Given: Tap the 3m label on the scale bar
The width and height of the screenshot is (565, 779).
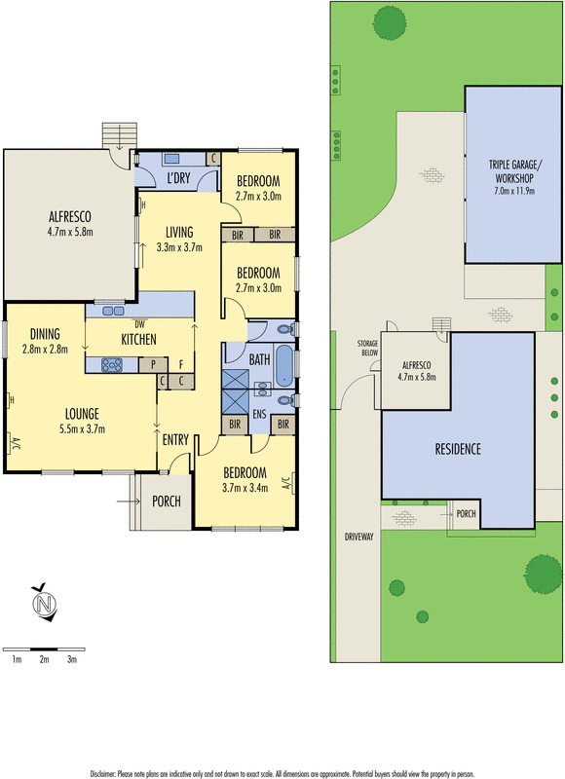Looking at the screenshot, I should (x=71, y=660).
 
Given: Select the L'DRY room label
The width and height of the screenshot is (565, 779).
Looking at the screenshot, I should (x=177, y=179).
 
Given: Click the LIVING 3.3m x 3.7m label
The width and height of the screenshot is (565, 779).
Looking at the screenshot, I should (x=179, y=240).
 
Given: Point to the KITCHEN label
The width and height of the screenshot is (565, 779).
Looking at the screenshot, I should (x=139, y=339).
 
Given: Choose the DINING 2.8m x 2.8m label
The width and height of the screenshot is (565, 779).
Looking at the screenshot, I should (x=45, y=340).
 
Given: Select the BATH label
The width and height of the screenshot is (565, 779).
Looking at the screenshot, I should (x=259, y=359).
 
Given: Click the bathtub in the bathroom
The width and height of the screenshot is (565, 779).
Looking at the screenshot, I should (x=282, y=365).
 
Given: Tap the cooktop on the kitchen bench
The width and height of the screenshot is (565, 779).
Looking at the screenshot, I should (x=109, y=365).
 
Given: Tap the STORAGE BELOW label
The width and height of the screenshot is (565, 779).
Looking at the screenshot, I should (x=367, y=348).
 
